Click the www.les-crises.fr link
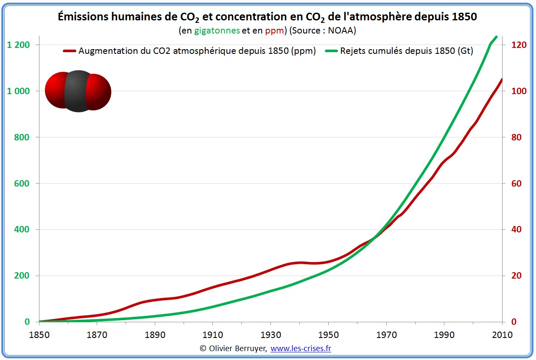(301, 348)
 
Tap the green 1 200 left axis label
(19, 45)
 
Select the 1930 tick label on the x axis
(271, 335)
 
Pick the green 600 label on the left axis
(21, 184)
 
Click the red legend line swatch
(70, 51)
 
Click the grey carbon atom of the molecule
(78, 91)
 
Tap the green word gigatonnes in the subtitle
(217, 31)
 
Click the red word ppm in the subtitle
(274, 31)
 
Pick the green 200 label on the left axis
(21, 276)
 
